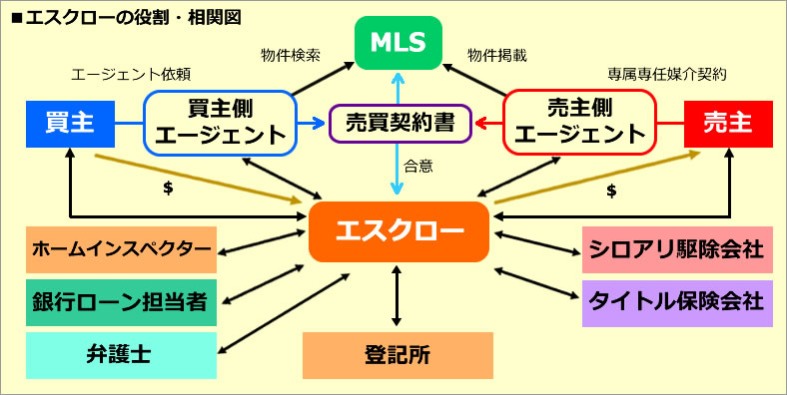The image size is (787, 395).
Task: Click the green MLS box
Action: click(x=397, y=43)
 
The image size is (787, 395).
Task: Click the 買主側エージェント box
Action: click(x=221, y=123)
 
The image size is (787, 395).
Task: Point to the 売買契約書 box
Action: click(x=400, y=124)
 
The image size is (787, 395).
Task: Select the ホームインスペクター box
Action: click(x=122, y=249)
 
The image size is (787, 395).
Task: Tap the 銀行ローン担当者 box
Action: click(x=122, y=302)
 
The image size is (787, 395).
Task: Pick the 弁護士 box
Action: click(x=122, y=355)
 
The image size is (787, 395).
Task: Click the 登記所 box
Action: click(x=397, y=355)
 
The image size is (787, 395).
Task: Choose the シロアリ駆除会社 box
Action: click(x=677, y=249)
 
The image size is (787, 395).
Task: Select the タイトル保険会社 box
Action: click(x=677, y=302)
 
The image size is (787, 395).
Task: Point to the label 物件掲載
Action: click(x=496, y=56)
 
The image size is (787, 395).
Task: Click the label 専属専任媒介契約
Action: click(x=666, y=74)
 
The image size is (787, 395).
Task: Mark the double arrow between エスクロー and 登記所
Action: click(x=397, y=295)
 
